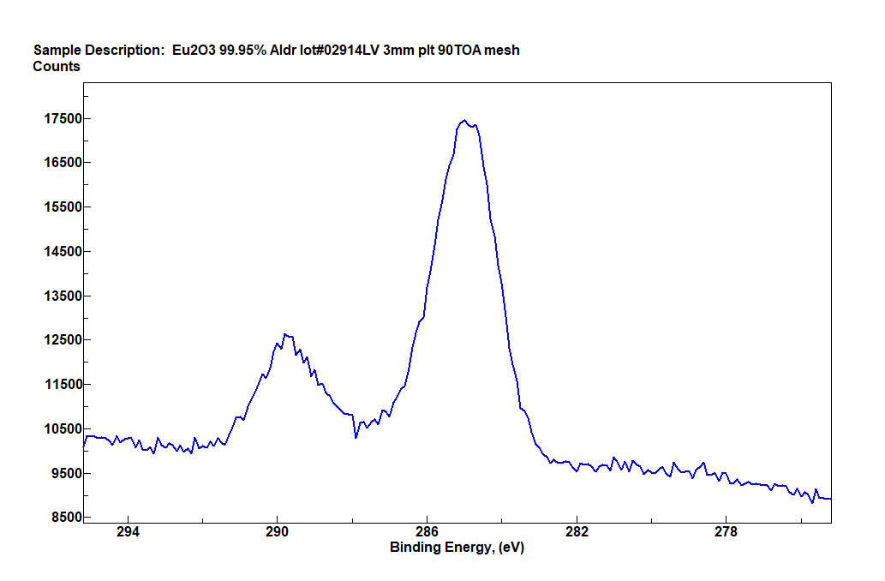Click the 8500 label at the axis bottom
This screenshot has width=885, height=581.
[61, 518]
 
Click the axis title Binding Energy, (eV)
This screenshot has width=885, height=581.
[457, 548]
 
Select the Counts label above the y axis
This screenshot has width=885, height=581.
[57, 66]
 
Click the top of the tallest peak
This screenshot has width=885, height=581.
[463, 121]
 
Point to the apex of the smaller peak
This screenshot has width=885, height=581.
[285, 334]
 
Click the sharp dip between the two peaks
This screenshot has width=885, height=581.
[356, 438]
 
